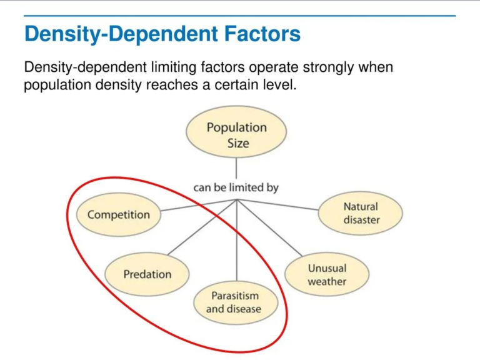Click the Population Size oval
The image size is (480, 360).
coord(236,135)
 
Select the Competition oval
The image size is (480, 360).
coord(118,215)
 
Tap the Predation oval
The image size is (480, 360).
coord(147,274)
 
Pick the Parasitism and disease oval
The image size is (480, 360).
coord(234,302)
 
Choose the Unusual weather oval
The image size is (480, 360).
coord(326,275)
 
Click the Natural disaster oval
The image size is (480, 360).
coord(361,213)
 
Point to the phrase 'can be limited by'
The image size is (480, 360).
coord(236,187)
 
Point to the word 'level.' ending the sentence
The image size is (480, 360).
coord(279,85)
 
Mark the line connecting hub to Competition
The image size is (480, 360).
coord(199,207)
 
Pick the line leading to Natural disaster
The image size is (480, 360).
coord(278,205)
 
